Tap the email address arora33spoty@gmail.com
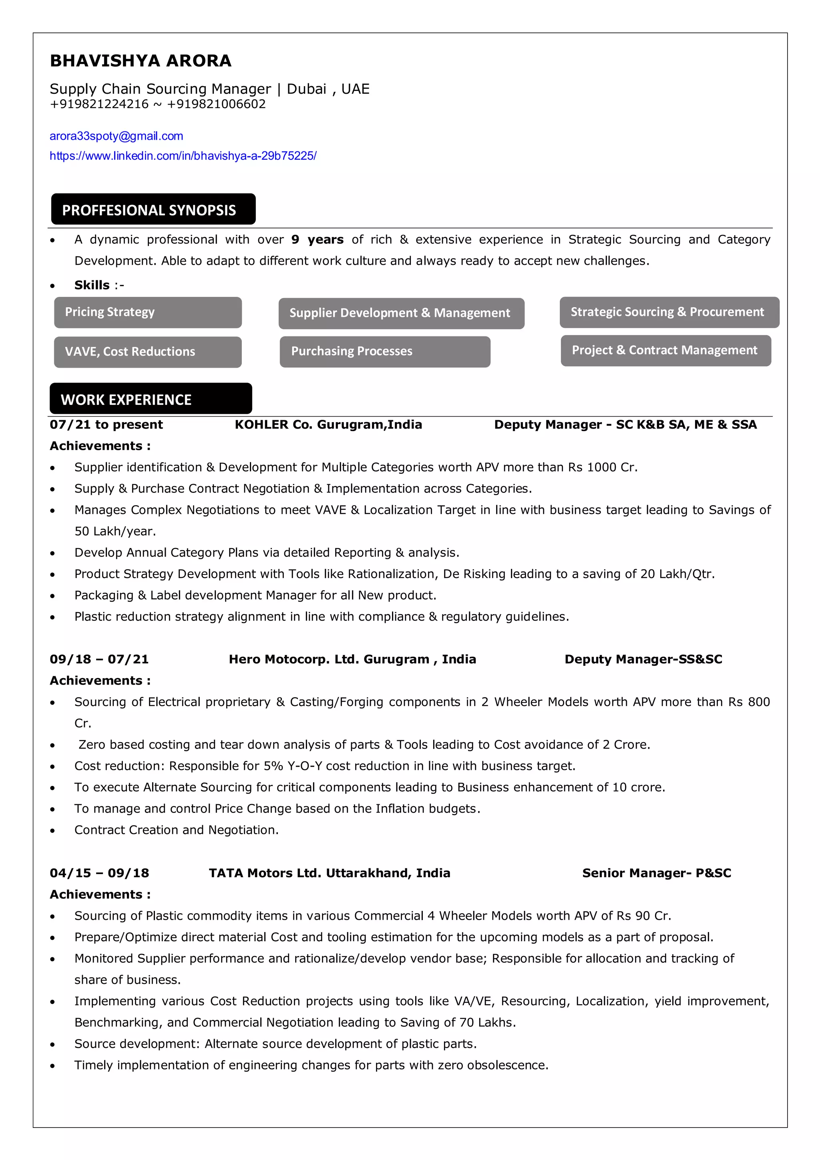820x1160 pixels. (x=116, y=136)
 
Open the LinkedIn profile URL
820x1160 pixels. (x=183, y=155)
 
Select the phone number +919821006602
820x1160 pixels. (x=216, y=104)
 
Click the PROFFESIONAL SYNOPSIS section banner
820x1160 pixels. (x=153, y=209)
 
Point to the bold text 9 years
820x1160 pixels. (x=317, y=240)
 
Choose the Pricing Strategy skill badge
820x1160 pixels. (x=147, y=312)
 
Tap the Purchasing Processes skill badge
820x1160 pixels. (x=385, y=351)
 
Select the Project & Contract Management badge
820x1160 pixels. (x=665, y=350)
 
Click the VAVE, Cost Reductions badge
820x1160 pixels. (x=147, y=352)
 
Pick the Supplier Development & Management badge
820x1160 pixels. (x=401, y=313)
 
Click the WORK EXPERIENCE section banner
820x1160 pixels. (x=151, y=399)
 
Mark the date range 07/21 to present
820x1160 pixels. (x=106, y=425)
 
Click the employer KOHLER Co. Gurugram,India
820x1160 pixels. (x=328, y=425)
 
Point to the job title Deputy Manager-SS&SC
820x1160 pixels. (x=643, y=659)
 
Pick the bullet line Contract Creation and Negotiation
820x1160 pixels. (x=176, y=830)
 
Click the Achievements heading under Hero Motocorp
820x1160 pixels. (x=100, y=681)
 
